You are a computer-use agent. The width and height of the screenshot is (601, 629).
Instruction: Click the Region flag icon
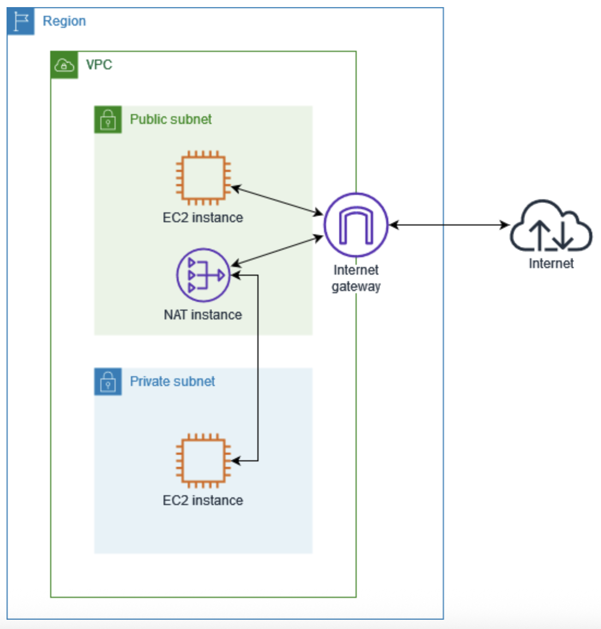point(21,21)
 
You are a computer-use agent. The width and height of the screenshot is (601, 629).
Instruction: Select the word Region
point(64,21)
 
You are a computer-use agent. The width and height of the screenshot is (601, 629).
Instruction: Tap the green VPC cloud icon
point(64,65)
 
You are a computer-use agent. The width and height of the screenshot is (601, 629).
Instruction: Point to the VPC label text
point(99,65)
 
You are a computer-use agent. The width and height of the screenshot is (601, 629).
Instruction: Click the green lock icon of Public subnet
point(108,120)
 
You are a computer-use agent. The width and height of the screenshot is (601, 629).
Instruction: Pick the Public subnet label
point(171,120)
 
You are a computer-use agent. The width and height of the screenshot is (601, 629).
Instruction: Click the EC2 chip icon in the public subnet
point(203,178)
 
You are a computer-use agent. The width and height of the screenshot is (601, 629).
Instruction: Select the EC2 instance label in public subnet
point(203,218)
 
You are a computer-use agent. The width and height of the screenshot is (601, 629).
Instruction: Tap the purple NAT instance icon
point(203,275)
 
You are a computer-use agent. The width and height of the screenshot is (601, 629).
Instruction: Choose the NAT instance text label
point(203,315)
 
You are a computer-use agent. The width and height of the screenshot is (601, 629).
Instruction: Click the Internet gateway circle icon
point(356,225)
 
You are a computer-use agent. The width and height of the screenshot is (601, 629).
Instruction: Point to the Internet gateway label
point(356,278)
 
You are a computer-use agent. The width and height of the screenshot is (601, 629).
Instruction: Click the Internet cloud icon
point(551,226)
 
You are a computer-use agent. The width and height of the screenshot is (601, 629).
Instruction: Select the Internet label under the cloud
point(551,264)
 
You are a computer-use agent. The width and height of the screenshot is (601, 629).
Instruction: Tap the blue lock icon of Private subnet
point(108,382)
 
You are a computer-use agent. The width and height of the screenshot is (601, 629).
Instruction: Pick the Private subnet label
point(172,382)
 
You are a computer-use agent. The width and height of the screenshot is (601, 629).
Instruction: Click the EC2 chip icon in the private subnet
point(203,461)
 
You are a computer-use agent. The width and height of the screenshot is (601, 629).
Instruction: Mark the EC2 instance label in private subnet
point(203,501)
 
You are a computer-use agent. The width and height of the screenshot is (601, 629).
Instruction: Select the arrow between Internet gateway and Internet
point(449,225)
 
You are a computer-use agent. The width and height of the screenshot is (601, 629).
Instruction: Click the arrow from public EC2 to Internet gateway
point(278,200)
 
